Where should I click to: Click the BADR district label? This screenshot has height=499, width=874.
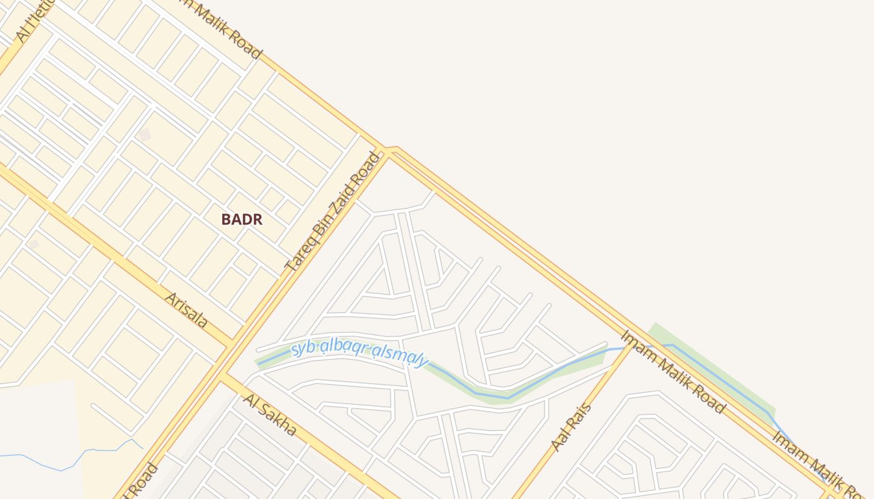click(242, 220)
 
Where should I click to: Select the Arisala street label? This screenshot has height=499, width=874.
click(185, 309)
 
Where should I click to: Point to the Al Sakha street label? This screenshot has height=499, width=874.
click(270, 415)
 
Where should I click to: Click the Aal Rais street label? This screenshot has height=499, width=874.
click(571, 427)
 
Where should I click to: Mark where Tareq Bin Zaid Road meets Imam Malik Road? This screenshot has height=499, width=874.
click(389, 150)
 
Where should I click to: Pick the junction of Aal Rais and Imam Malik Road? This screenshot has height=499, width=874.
click(631, 347)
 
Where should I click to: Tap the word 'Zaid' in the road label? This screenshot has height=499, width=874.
click(344, 194)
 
